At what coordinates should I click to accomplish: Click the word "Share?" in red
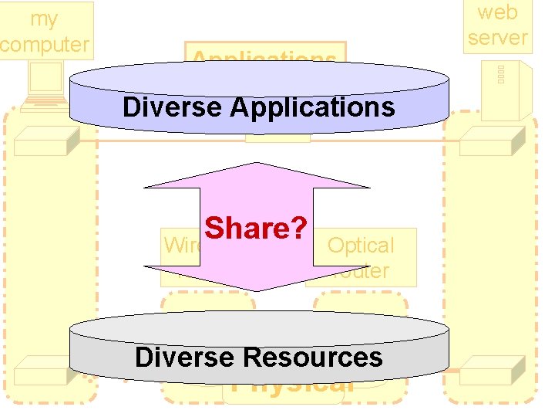pos(257,228)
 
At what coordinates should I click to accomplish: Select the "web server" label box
pos(498,25)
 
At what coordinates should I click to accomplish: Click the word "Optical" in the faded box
pos(361,246)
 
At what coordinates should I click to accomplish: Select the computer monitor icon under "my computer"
pos(45,77)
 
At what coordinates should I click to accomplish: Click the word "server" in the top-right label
pos(498,36)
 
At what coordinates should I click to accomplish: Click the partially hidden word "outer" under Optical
pos(362,272)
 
